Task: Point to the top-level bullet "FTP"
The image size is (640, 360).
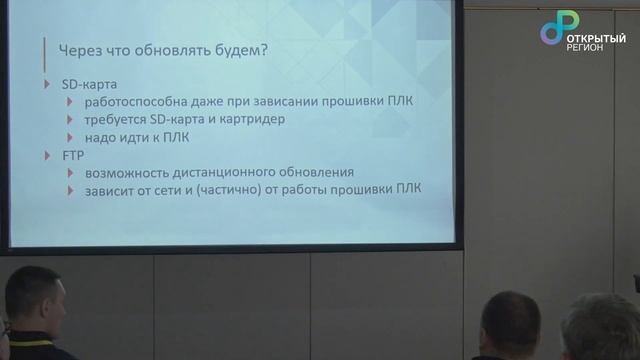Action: pyautogui.click(x=72, y=156)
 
